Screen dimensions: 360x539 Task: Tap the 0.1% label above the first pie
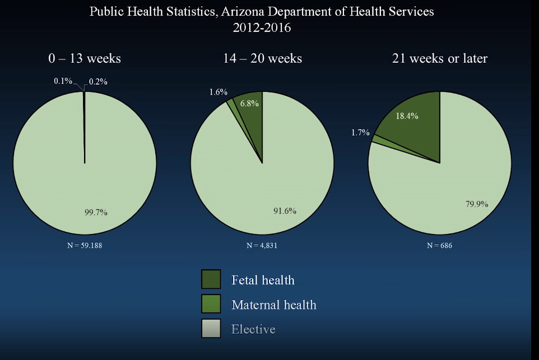click(63, 81)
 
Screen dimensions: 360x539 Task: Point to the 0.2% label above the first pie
click(98, 82)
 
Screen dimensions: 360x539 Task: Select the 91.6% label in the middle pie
click(285, 211)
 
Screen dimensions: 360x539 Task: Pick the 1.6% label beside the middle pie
click(218, 92)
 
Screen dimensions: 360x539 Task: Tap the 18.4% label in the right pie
click(407, 116)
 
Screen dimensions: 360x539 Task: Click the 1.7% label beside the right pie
click(360, 133)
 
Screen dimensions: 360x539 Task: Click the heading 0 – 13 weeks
click(84, 58)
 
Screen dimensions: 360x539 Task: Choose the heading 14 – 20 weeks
click(262, 58)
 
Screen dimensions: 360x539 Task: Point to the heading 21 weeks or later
click(439, 58)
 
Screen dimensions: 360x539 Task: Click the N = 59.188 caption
click(85, 245)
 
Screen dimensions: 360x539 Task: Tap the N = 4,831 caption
click(262, 245)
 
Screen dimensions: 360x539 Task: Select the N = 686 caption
click(439, 245)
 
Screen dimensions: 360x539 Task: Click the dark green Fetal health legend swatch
click(211, 279)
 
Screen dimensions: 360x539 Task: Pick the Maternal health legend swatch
click(211, 304)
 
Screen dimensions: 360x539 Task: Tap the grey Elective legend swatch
click(211, 329)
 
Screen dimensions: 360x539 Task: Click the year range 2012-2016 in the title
click(262, 27)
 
